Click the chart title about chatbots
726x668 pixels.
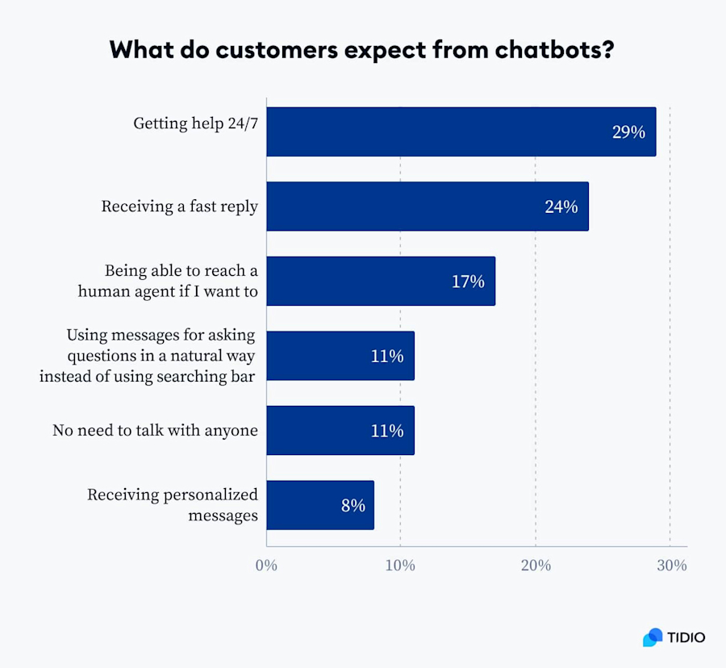(363, 49)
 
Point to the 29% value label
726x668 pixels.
(628, 132)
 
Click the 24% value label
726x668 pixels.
(561, 207)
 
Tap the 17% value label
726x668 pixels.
(467, 282)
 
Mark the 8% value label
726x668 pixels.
(352, 506)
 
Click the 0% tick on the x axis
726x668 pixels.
(266, 566)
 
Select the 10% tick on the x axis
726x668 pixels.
(400, 566)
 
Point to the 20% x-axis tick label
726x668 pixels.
(536, 566)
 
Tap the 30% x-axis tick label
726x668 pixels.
(671, 566)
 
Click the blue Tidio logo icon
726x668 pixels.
(653, 637)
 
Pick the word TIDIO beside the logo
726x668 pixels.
(686, 637)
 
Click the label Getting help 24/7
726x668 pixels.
(195, 124)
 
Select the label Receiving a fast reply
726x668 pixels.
(179, 207)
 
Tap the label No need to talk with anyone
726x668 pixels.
(155, 430)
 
